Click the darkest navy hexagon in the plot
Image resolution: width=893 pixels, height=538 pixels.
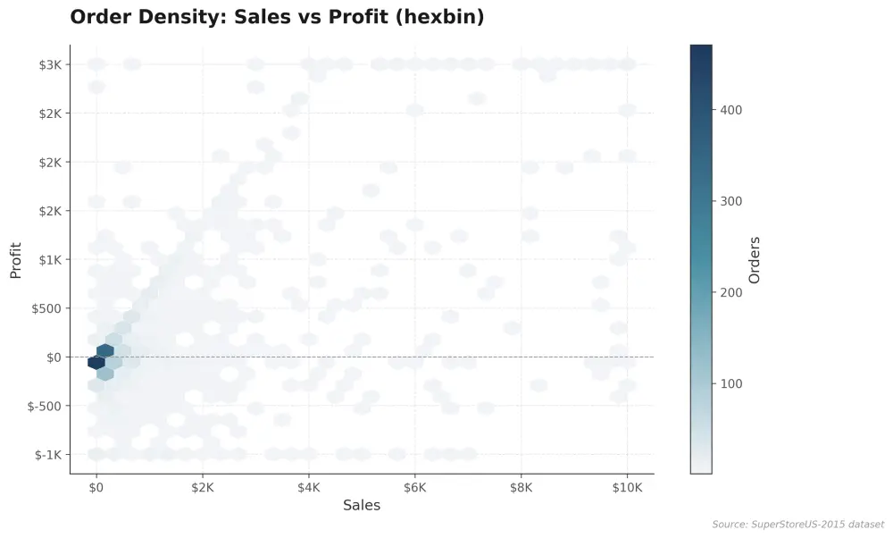(x=96, y=362)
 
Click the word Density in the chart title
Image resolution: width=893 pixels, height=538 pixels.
(x=182, y=17)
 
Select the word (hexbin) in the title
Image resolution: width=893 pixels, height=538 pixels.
(x=439, y=17)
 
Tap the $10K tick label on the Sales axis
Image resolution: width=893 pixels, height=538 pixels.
(x=627, y=488)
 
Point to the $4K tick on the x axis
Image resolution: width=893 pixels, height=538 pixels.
(x=309, y=488)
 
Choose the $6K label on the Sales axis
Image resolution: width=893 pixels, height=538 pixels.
(x=414, y=488)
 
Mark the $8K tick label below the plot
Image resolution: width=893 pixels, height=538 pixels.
(x=522, y=488)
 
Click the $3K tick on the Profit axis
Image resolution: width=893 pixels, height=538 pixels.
(x=50, y=65)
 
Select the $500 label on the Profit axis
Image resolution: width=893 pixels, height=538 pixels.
(x=46, y=309)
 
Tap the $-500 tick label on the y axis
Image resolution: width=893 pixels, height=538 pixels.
(x=45, y=407)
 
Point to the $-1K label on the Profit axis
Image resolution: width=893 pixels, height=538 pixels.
(x=48, y=455)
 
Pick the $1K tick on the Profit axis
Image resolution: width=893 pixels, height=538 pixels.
(x=50, y=260)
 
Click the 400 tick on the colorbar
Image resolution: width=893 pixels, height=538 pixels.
(x=731, y=110)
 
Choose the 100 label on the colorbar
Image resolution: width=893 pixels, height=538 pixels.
(x=731, y=383)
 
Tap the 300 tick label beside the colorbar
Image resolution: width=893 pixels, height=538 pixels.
(x=731, y=201)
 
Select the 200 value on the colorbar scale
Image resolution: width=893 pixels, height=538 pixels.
(x=731, y=292)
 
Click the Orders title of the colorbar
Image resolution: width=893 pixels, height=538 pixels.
(x=755, y=260)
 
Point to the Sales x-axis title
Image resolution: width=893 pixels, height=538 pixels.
(x=362, y=505)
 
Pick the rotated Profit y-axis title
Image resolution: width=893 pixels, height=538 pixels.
(x=15, y=260)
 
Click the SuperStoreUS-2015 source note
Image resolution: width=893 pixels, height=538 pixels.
(x=798, y=525)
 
